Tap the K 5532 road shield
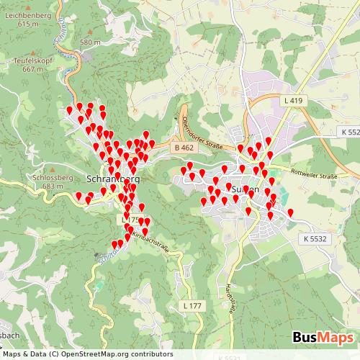315,238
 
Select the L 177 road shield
192,306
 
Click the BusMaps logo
323,338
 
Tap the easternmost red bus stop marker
291,213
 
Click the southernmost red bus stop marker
115,245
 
